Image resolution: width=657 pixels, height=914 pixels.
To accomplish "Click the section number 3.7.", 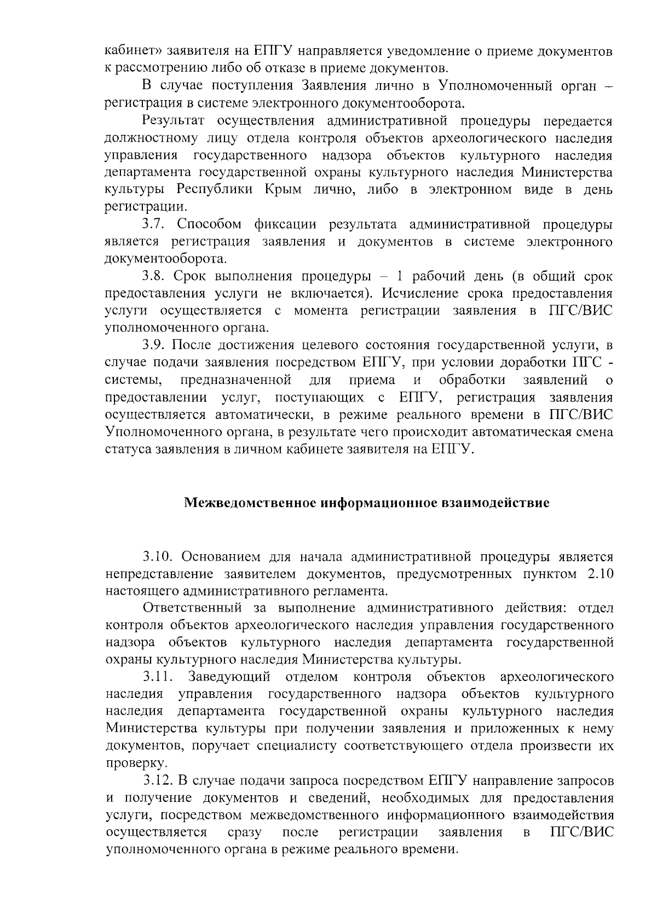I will tap(155, 224).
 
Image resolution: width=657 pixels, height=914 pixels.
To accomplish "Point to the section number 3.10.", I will tap(159, 557).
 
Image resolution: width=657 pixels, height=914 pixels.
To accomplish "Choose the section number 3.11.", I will tap(158, 677).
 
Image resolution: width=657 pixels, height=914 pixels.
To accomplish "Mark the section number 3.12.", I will tap(158, 780).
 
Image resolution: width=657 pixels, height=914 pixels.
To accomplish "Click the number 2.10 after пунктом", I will tap(599, 574).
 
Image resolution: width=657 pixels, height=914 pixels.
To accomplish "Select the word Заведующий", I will tap(229, 677).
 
